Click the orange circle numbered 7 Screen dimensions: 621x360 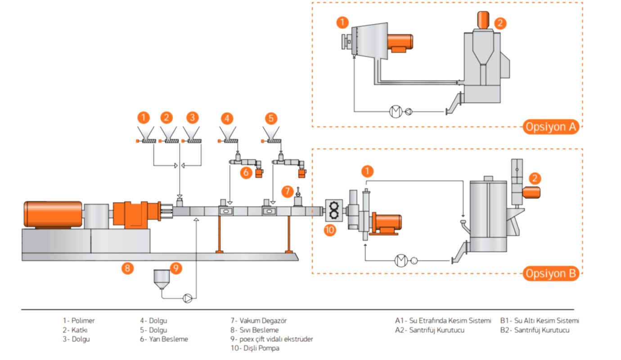coord(288,192)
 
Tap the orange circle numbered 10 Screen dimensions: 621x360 coord(330,230)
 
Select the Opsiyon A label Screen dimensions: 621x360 coord(551,127)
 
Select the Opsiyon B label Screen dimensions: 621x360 coord(551,274)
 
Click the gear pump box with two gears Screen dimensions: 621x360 coord(334,211)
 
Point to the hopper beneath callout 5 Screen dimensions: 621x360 coord(271,133)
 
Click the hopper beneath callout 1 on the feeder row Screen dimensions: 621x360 coord(146,133)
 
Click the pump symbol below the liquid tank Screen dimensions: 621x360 coord(188,298)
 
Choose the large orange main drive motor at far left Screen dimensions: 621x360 coord(53,215)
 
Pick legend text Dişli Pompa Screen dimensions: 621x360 coord(261,348)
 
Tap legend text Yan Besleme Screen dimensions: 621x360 coord(169,339)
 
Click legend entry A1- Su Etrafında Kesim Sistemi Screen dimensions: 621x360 coord(443,321)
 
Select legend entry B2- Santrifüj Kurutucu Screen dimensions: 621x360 coord(535,330)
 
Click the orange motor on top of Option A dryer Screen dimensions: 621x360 coord(483,20)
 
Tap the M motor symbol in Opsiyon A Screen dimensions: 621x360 coord(396,112)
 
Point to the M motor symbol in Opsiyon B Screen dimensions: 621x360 coord(401,261)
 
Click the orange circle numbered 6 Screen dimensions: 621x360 coord(246,173)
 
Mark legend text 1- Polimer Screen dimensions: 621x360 coord(79,321)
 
